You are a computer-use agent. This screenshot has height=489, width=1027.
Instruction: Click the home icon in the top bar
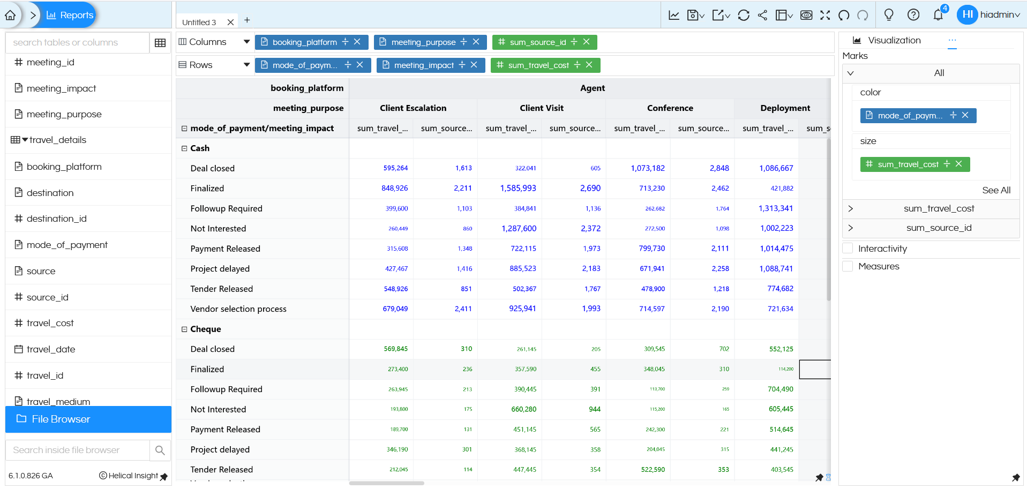(x=10, y=15)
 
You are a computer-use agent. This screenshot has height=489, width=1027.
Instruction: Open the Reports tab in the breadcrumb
(x=70, y=15)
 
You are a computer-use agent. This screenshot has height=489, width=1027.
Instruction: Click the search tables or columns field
(x=78, y=42)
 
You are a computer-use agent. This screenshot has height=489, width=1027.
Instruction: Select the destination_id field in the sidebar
(x=56, y=219)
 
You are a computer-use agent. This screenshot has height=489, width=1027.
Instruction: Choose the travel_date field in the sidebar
(x=51, y=349)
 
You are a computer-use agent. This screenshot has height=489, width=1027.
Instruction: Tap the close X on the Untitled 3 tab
(x=230, y=22)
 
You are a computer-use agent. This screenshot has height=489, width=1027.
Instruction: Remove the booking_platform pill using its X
(x=357, y=42)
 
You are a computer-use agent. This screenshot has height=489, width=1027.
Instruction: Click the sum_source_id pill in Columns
(x=537, y=42)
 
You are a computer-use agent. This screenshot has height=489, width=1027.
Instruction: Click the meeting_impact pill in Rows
(x=424, y=65)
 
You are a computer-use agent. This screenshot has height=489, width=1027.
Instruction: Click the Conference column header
(x=670, y=108)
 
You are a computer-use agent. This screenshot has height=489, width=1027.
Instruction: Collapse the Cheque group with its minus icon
(x=184, y=329)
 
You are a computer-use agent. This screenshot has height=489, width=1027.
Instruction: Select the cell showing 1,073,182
(x=647, y=168)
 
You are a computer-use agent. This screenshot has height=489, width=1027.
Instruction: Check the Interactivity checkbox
(x=848, y=249)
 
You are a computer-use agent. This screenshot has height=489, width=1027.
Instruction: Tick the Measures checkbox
(x=848, y=266)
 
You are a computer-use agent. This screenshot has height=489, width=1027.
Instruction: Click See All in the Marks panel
(x=996, y=190)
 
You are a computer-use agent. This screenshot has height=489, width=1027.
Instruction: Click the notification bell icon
(x=938, y=15)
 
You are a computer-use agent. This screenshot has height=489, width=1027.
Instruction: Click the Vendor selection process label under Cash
(x=238, y=309)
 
